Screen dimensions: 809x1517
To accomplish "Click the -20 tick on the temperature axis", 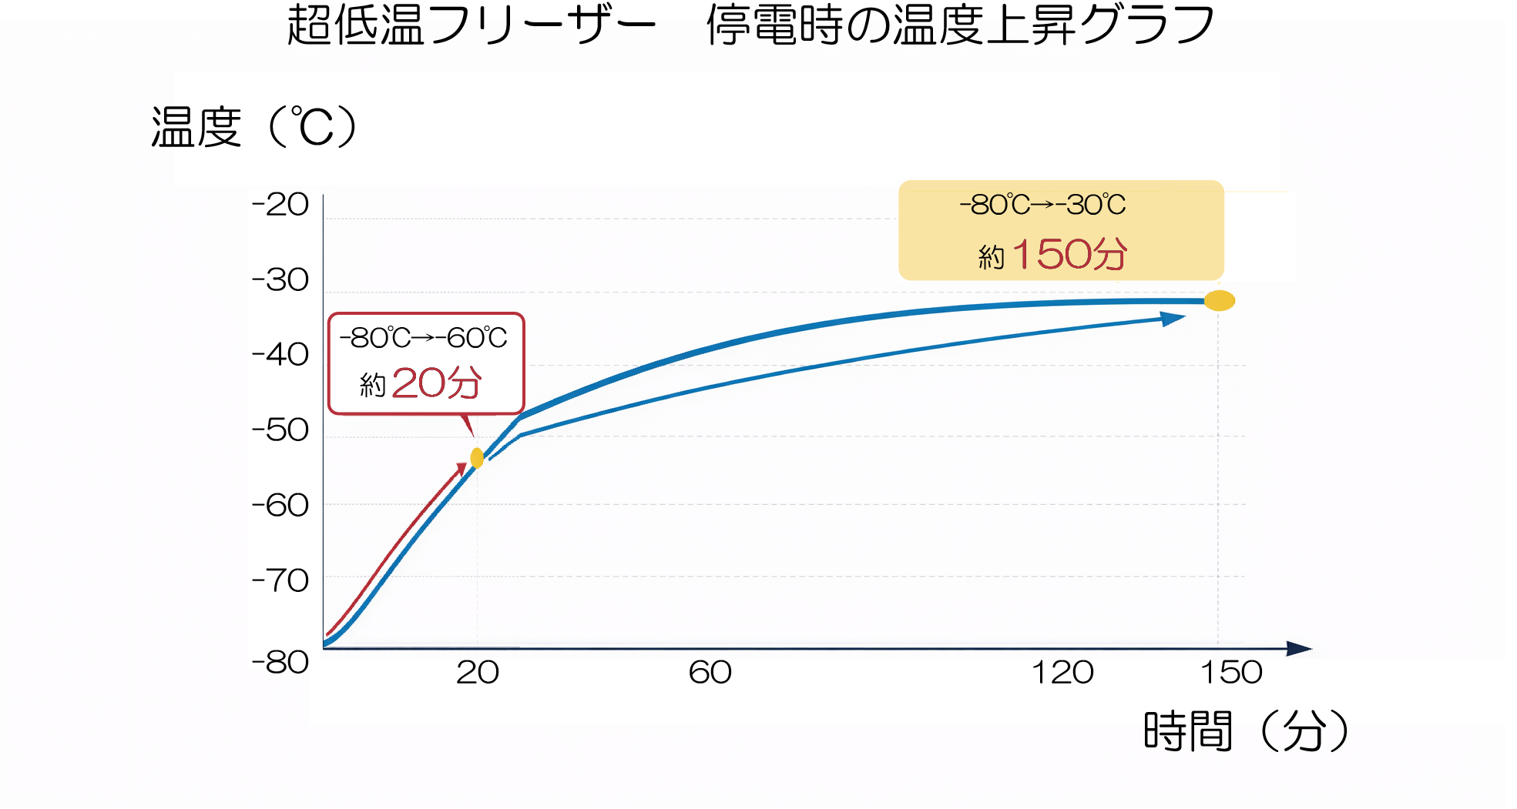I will pyautogui.click(x=280, y=205).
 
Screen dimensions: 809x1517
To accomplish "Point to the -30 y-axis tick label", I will pyautogui.click(x=280, y=280).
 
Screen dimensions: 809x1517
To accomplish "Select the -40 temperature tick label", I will pyautogui.click(x=280, y=355).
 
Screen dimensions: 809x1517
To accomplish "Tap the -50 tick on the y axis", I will pyautogui.click(x=280, y=430).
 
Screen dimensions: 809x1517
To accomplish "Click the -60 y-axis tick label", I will pyautogui.click(x=280, y=506).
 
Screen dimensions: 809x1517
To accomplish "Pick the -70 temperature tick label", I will pyautogui.click(x=280, y=580).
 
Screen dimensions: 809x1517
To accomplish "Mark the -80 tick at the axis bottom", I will pyautogui.click(x=280, y=662).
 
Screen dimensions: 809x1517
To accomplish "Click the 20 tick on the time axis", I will pyautogui.click(x=478, y=673).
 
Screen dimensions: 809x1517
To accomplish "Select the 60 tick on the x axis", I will pyautogui.click(x=710, y=673).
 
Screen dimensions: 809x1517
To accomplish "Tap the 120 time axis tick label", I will pyautogui.click(x=1062, y=673).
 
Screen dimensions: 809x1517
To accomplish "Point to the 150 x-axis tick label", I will pyautogui.click(x=1231, y=673).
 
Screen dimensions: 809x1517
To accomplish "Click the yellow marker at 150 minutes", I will pyautogui.click(x=1220, y=301).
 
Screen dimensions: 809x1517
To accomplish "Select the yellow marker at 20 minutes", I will pyautogui.click(x=477, y=458).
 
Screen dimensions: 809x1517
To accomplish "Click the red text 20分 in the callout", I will pyautogui.click(x=437, y=383).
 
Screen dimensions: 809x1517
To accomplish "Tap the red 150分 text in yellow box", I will pyautogui.click(x=1070, y=254).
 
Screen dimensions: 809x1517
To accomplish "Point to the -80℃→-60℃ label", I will pyautogui.click(x=424, y=338).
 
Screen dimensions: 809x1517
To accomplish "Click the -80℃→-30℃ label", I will pyautogui.click(x=1042, y=205).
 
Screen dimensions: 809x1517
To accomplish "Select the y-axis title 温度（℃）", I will pyautogui.click(x=253, y=128).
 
